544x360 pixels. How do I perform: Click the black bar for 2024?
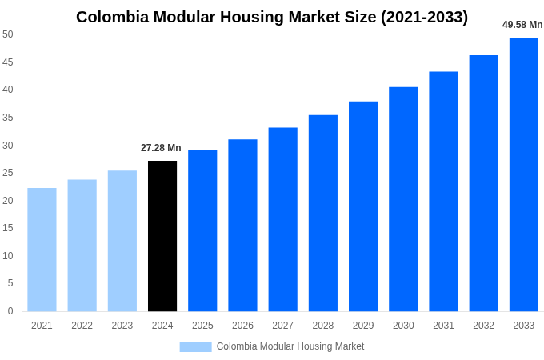coord(162,236)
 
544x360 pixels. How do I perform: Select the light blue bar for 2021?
coord(42,250)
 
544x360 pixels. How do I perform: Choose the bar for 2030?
coord(403,199)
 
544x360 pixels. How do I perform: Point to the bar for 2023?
coord(122,241)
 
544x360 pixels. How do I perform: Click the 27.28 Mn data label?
coord(161,148)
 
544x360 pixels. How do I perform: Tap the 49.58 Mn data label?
coord(522,25)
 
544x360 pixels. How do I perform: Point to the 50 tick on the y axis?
coord(8,34)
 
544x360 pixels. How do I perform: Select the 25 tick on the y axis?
coord(8,173)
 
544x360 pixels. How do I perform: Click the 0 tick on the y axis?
coord(10,311)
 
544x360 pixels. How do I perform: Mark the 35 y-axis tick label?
coord(8,118)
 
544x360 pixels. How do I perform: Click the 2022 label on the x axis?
coord(82,326)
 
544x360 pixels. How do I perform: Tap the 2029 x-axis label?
coord(363,326)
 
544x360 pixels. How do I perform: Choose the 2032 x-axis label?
coord(483,326)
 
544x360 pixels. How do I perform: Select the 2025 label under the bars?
coord(202,326)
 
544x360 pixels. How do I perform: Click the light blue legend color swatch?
coord(195,346)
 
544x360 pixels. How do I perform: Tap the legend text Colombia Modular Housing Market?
coord(290,346)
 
